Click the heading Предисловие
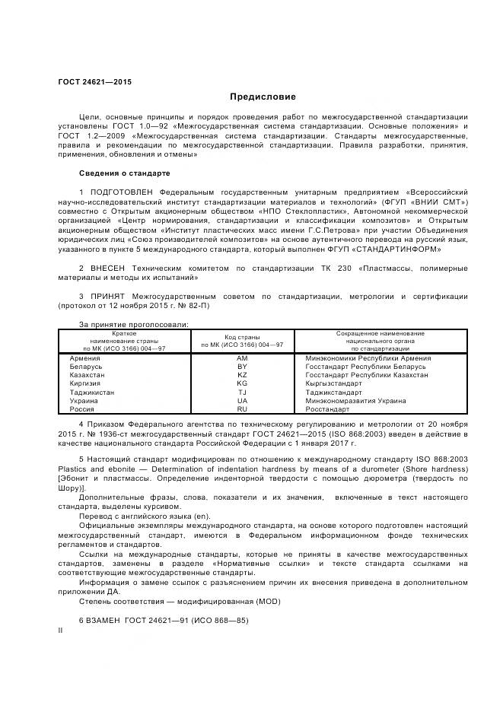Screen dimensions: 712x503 click(x=263, y=97)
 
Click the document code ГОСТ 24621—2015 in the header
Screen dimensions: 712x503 click(x=94, y=81)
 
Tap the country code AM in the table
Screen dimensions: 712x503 click(x=242, y=358)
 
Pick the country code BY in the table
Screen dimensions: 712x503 click(x=242, y=366)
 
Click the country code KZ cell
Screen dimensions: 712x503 click(x=242, y=374)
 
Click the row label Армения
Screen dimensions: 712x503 click(x=84, y=358)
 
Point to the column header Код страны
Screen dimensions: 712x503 click(x=242, y=335)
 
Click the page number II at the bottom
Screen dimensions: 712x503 click(x=61, y=631)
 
